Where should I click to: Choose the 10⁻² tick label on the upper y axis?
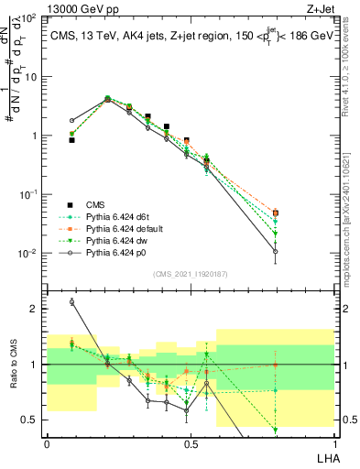click(29, 253)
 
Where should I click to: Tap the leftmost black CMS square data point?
click(71, 140)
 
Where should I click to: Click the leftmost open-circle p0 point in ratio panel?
click(71, 301)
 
